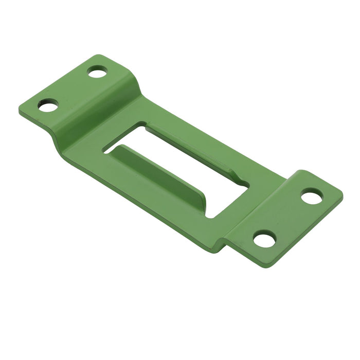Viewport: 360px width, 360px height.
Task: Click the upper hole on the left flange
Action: click(97, 72)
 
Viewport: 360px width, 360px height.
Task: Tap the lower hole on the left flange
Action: click(48, 105)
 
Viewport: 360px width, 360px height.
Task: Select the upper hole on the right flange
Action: click(312, 196)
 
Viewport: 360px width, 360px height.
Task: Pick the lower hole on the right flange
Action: click(265, 239)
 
